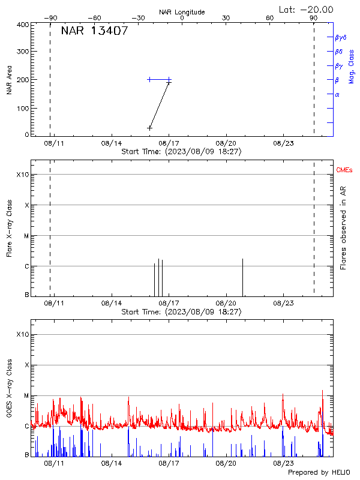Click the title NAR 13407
[x=94, y=31]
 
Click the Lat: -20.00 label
[x=306, y=9]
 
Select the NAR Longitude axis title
[x=182, y=12]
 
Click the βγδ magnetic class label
[x=341, y=37]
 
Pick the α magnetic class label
[x=337, y=94]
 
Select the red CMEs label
[x=344, y=171]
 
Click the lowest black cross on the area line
[x=150, y=128]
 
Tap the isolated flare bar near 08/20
[x=242, y=277]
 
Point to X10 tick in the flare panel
[x=22, y=175]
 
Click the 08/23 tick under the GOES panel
[x=283, y=464]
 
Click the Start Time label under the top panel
[x=181, y=152]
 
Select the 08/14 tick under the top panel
[x=112, y=143]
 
